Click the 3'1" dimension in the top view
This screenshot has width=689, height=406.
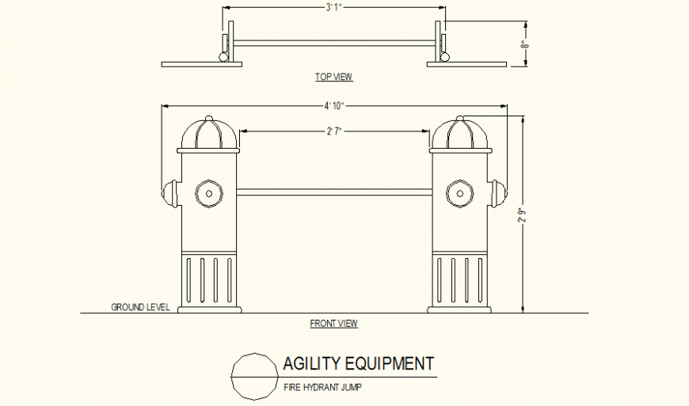333,8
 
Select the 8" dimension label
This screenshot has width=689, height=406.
523,46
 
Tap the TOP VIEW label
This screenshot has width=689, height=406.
333,77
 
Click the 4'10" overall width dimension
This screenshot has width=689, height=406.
334,105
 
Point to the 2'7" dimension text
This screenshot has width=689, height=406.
333,131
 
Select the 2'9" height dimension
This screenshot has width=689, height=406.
520,215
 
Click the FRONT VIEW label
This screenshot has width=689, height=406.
333,323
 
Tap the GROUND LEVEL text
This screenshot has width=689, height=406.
140,307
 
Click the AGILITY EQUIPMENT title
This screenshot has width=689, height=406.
358,364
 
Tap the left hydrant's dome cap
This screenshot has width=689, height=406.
208,134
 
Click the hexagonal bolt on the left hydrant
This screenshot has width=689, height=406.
208,192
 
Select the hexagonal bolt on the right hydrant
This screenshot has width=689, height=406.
459,192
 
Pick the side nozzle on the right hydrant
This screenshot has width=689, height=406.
497,192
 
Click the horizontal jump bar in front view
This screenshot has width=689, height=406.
333,191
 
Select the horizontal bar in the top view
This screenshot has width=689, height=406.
333,41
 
